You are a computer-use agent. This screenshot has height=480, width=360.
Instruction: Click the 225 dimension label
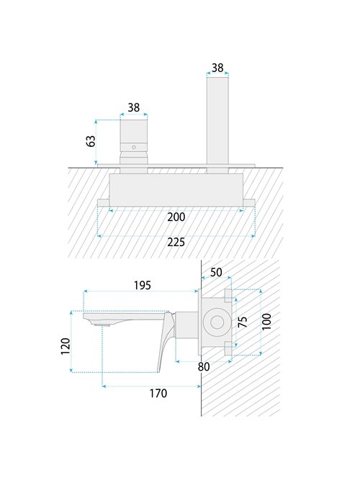click(x=176, y=243)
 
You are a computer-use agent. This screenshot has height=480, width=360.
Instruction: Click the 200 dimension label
click(x=176, y=217)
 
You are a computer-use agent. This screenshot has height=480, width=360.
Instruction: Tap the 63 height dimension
click(x=91, y=141)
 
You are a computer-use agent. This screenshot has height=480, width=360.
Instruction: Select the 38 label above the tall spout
click(x=217, y=68)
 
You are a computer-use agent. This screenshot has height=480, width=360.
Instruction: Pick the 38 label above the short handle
click(x=134, y=108)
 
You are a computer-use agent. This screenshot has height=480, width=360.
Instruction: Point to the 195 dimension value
click(x=143, y=285)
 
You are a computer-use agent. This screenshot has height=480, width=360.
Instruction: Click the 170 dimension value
click(x=158, y=393)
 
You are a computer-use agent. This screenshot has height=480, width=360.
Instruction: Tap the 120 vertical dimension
click(x=66, y=346)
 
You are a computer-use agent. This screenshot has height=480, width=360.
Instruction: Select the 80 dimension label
click(x=204, y=366)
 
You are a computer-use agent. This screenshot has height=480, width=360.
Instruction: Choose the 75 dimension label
click(x=243, y=322)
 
